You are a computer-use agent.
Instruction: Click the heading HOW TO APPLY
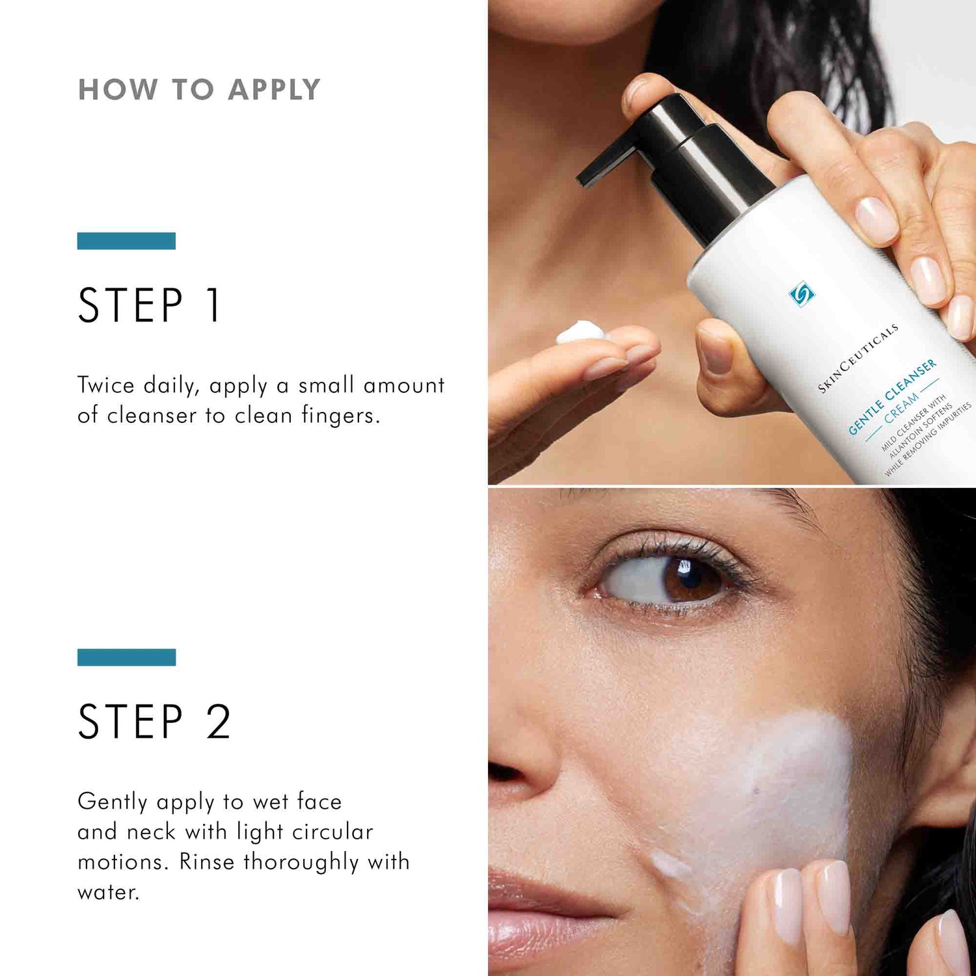pos(199,90)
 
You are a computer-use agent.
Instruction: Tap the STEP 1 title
pos(150,305)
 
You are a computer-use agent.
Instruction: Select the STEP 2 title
pos(154,722)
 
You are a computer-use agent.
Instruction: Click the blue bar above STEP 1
pos(126,241)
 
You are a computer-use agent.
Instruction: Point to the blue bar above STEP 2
pos(126,657)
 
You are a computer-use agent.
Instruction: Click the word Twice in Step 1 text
pos(105,385)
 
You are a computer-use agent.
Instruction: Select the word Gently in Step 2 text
pos(113,802)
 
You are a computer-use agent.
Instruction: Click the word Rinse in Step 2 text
pos(206,862)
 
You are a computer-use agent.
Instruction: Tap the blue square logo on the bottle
pos(801,294)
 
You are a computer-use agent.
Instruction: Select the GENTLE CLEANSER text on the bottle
pos(892,396)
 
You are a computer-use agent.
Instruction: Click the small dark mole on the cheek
pos(757,791)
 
